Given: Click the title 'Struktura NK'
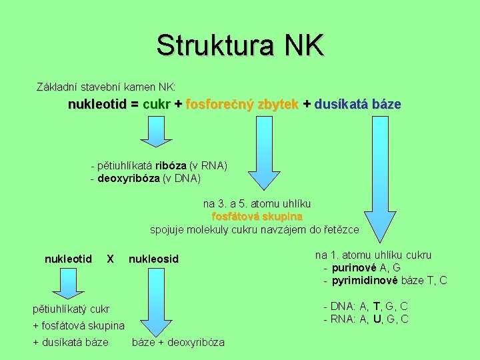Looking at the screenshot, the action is (x=240, y=45).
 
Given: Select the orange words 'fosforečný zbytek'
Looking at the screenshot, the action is (x=242, y=105).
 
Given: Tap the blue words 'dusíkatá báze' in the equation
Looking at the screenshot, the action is (x=357, y=105).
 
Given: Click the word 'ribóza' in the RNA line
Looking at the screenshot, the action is (x=171, y=165).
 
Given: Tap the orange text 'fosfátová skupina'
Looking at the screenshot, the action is (x=257, y=217).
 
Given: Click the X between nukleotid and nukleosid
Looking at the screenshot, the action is (x=111, y=259).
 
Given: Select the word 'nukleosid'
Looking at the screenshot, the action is (x=153, y=259).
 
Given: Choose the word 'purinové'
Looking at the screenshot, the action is (x=355, y=267).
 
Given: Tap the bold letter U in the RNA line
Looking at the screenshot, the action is (x=378, y=319).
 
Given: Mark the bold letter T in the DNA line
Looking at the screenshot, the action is (x=377, y=306).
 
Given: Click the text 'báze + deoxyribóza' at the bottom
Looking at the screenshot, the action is (x=179, y=343).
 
